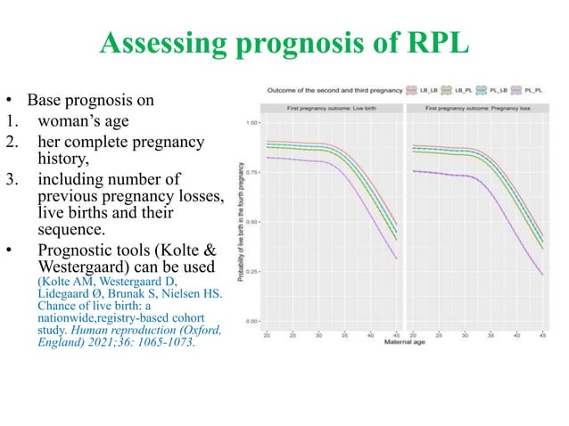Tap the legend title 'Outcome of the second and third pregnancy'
tap(334, 90)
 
